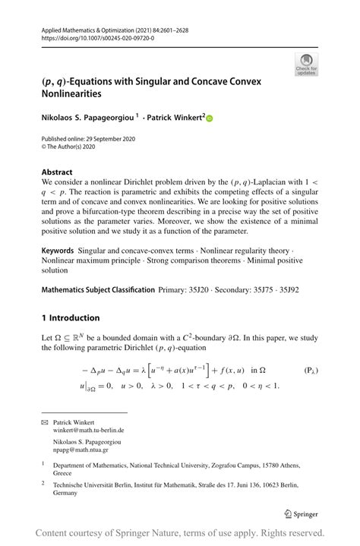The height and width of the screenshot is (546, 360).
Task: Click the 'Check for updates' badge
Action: tap(306, 64)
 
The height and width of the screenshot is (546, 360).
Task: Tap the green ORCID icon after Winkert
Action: tap(210, 118)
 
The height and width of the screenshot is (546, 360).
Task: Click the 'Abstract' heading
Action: tap(57, 172)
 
